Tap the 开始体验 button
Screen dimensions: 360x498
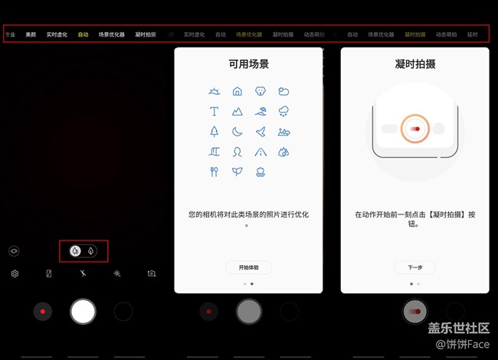[x=248, y=267]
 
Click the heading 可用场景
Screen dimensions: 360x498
[x=248, y=64]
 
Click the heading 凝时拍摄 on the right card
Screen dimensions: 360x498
[x=414, y=64]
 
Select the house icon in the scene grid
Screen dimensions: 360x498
[x=238, y=91]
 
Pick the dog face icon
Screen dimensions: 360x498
[x=260, y=91]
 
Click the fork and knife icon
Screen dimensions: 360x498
[x=215, y=172]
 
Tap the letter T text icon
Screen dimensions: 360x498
[x=215, y=111]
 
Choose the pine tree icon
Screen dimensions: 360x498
[x=215, y=131]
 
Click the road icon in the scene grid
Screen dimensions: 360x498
[x=260, y=151]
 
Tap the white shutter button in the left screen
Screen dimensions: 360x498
[x=83, y=311]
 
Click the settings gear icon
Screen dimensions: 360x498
[x=15, y=273]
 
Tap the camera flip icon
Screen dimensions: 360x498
[x=152, y=273]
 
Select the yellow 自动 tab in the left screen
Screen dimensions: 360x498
[x=83, y=34]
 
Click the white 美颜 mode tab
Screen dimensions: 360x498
[x=31, y=34]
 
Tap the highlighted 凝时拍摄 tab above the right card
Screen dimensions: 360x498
[x=414, y=34]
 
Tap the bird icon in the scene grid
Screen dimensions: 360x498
[x=260, y=131]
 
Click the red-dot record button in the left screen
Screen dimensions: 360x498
[x=43, y=312]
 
